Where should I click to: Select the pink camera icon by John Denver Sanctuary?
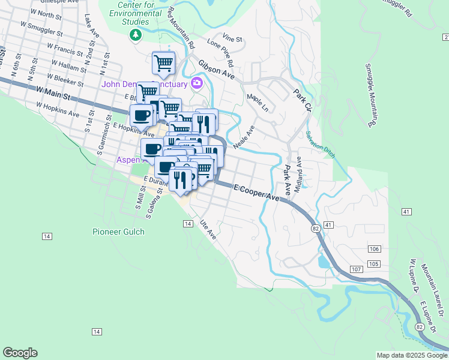[196, 83]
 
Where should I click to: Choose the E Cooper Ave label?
[257, 193]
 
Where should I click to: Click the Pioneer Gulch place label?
[118, 232]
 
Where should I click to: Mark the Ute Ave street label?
[208, 227]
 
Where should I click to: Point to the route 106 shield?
[374, 249]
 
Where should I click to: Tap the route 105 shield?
[374, 265]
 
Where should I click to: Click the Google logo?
[20, 353]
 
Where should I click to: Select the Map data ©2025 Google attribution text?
[411, 355]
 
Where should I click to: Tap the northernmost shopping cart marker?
[163, 62]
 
